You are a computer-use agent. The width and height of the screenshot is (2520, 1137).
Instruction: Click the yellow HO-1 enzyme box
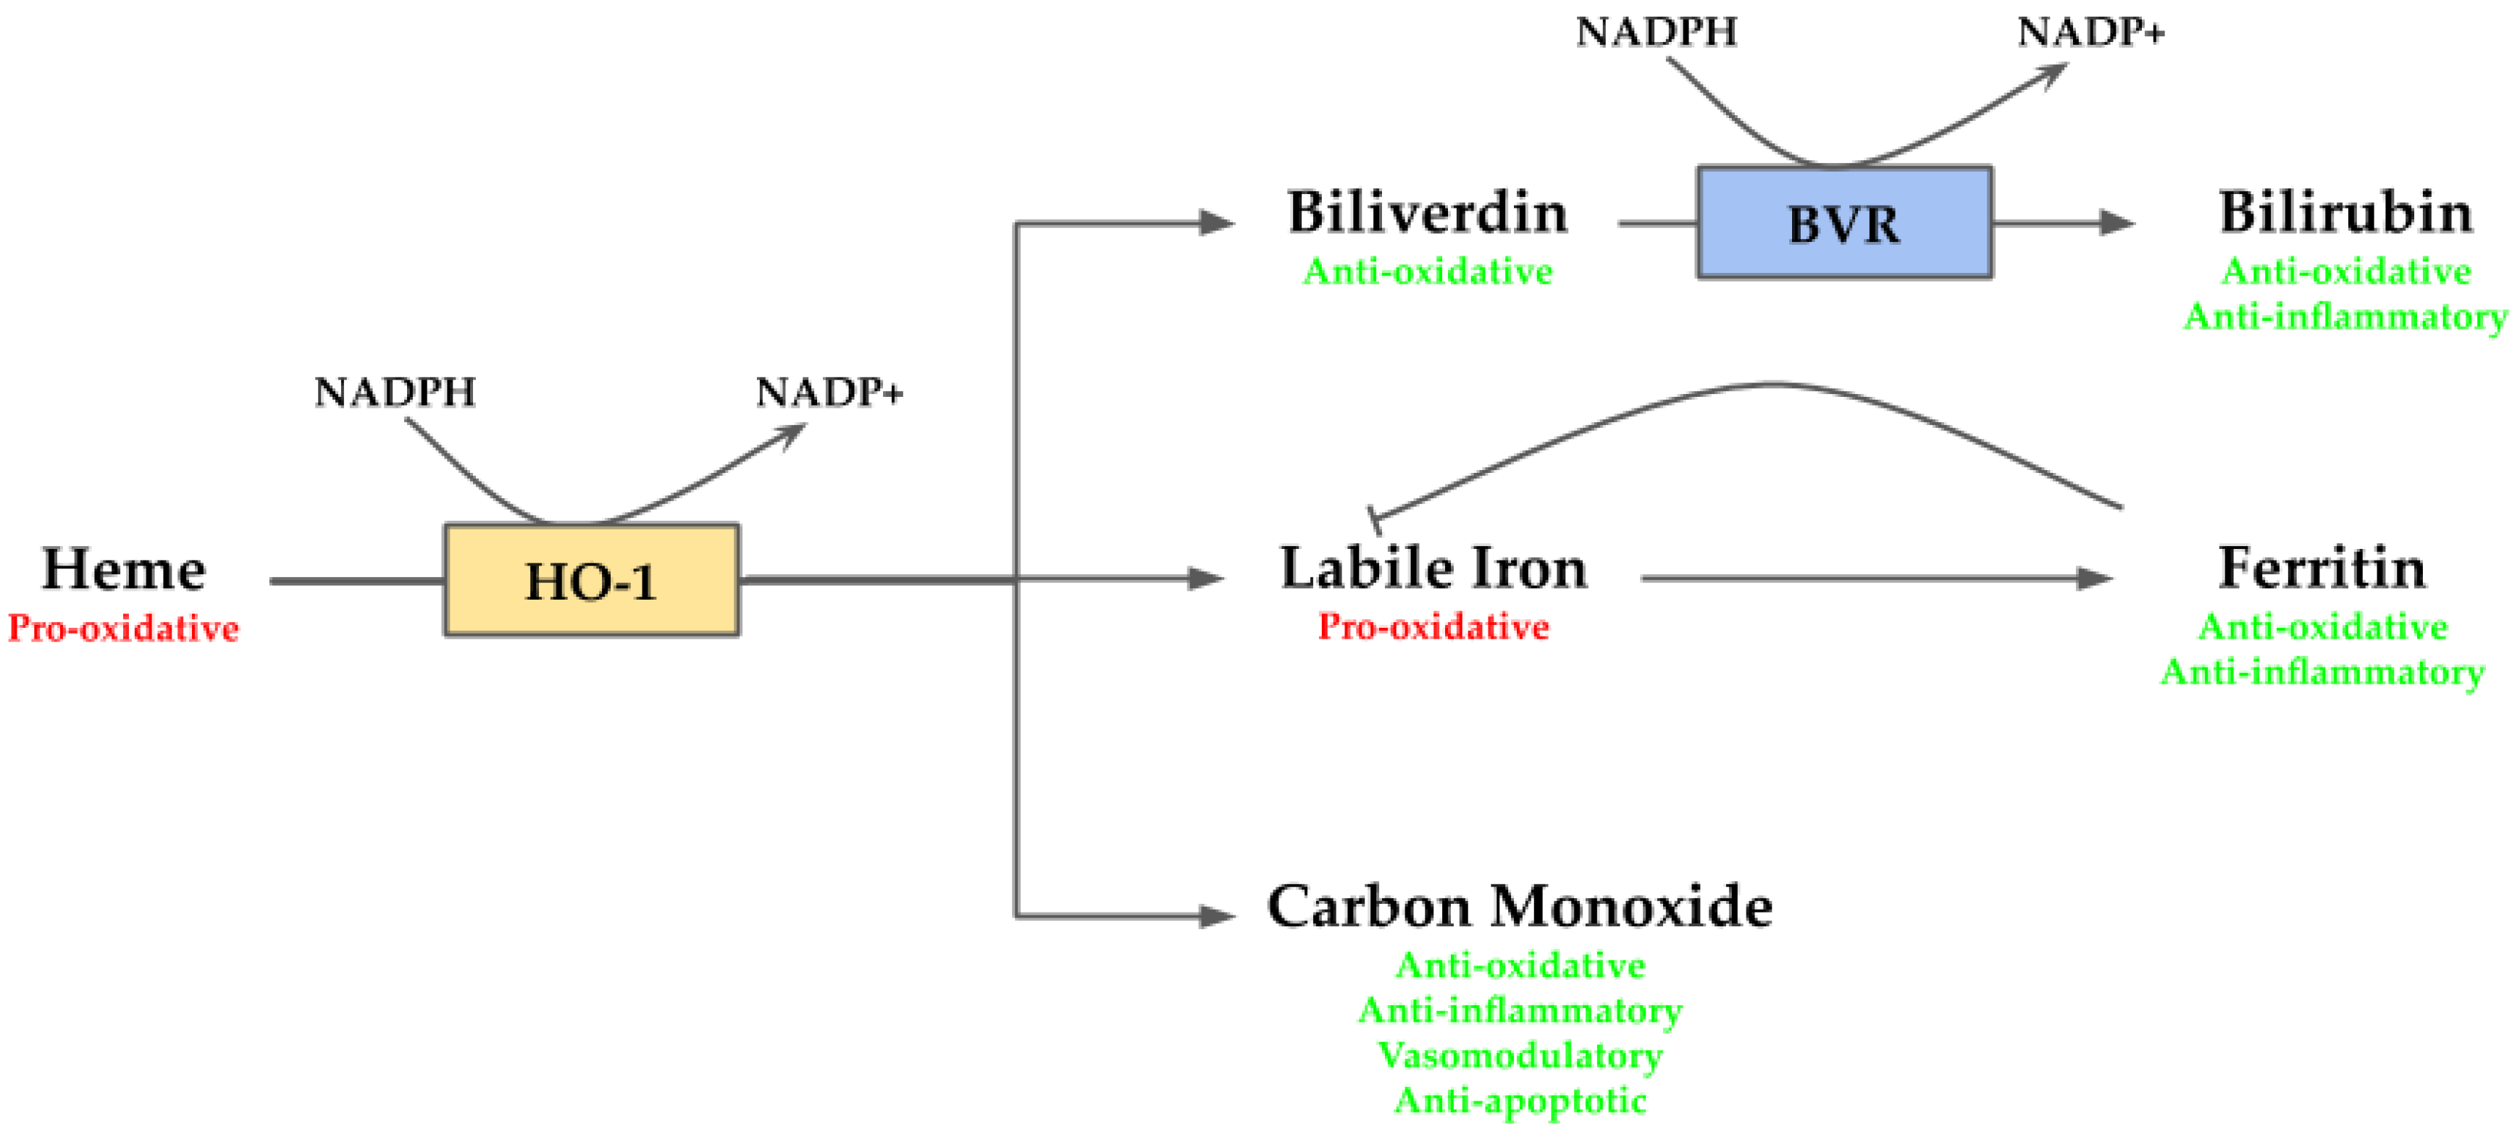coord(591,580)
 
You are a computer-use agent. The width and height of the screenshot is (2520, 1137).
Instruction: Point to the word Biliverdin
coord(1427,212)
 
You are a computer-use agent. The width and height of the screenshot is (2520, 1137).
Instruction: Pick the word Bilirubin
coord(2345,212)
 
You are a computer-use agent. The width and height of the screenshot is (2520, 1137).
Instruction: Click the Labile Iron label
coord(1433,568)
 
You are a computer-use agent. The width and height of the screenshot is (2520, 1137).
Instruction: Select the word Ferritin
coord(2322,568)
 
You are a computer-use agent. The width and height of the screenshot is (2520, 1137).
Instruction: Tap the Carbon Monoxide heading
coord(1519,906)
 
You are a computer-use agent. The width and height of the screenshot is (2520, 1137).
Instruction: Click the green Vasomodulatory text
coord(1519,1055)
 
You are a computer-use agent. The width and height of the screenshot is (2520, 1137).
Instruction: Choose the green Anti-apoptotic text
coord(1519,1101)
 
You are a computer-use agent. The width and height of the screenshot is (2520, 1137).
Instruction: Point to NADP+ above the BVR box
coord(2090,33)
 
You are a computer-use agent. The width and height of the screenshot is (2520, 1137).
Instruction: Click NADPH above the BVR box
coord(1656,33)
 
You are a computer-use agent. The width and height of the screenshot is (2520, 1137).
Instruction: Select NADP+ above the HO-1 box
coord(829,393)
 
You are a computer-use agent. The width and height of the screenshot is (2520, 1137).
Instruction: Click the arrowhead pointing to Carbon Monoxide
coord(1218,916)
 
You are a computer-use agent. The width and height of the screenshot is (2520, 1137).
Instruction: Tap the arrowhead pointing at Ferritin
coord(2095,579)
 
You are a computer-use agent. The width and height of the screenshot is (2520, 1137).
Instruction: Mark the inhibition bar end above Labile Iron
coord(1375,519)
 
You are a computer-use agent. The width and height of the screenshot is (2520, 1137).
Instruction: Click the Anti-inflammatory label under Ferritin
coord(2322,672)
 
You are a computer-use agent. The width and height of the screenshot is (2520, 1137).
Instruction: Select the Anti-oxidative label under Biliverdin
coord(1427,271)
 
